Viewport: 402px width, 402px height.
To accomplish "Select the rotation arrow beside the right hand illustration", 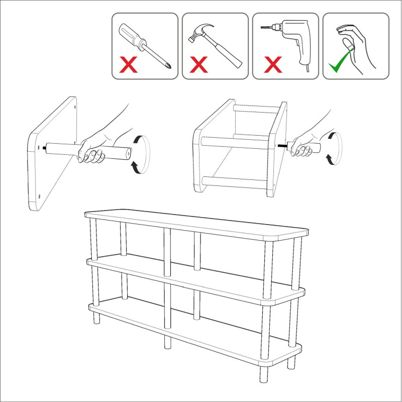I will click(x=333, y=148).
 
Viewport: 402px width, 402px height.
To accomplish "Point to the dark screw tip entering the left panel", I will click(x=46, y=148).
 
